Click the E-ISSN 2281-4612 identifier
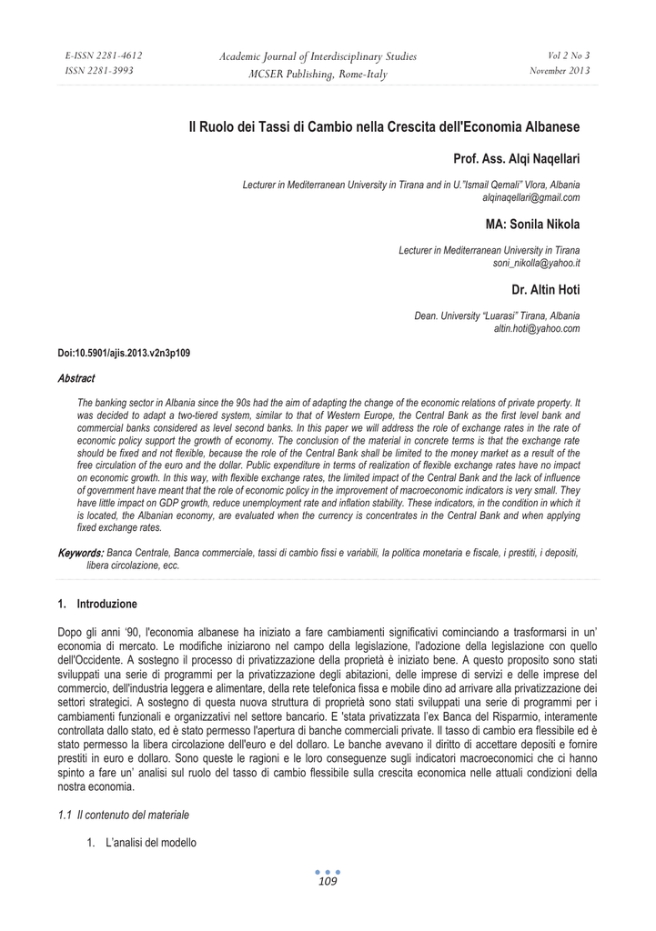[x=104, y=55]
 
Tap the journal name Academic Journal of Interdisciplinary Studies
[x=318, y=56]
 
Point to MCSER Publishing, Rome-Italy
[x=318, y=74]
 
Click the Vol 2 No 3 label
[x=569, y=55]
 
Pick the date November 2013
[x=560, y=71]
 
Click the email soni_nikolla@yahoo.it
[x=536, y=262]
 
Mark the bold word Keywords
[x=79, y=553]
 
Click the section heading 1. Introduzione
[x=97, y=603]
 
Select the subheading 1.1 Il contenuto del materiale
[x=124, y=812]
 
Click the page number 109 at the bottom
[x=328, y=881]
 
